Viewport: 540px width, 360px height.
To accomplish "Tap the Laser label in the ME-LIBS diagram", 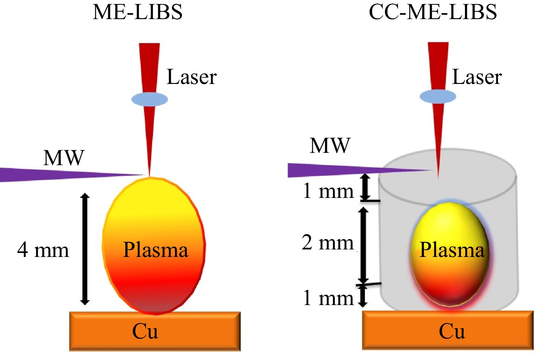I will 191,77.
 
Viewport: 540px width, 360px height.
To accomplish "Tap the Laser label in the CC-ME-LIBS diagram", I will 477,77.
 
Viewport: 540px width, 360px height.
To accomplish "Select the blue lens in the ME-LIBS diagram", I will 149,99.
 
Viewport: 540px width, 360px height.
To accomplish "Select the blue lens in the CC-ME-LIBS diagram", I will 438,97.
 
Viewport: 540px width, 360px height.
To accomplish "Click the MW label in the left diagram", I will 64,158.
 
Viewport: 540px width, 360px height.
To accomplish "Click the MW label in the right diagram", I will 330,146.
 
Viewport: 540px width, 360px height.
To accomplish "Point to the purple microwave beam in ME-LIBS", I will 51,174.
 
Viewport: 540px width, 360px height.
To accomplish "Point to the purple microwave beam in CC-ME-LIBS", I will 334,170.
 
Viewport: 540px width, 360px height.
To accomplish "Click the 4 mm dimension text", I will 43,250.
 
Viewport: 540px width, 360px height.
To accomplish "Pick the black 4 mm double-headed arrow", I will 85,249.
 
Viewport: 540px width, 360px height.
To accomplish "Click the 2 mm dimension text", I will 327,243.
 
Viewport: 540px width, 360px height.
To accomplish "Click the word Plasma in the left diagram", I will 156,250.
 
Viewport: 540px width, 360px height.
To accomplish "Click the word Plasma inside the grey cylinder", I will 452,250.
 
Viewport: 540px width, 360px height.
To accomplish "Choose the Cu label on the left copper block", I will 145,331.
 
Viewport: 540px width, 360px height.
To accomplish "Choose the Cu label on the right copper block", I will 452,331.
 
